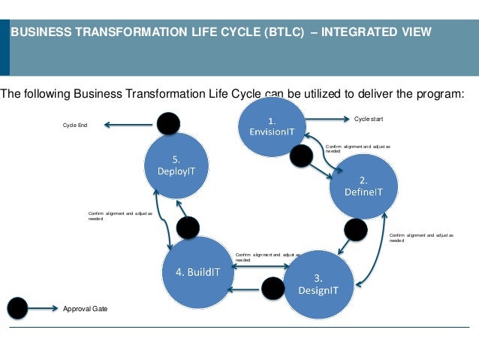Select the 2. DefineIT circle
(363, 186)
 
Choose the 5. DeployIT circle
(176, 165)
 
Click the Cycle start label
(367, 119)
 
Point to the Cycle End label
(75, 126)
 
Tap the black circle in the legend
(17, 308)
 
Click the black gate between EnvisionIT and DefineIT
(301, 156)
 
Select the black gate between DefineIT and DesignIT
(356, 230)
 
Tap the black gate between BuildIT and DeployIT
(187, 227)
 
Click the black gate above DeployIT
(168, 124)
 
